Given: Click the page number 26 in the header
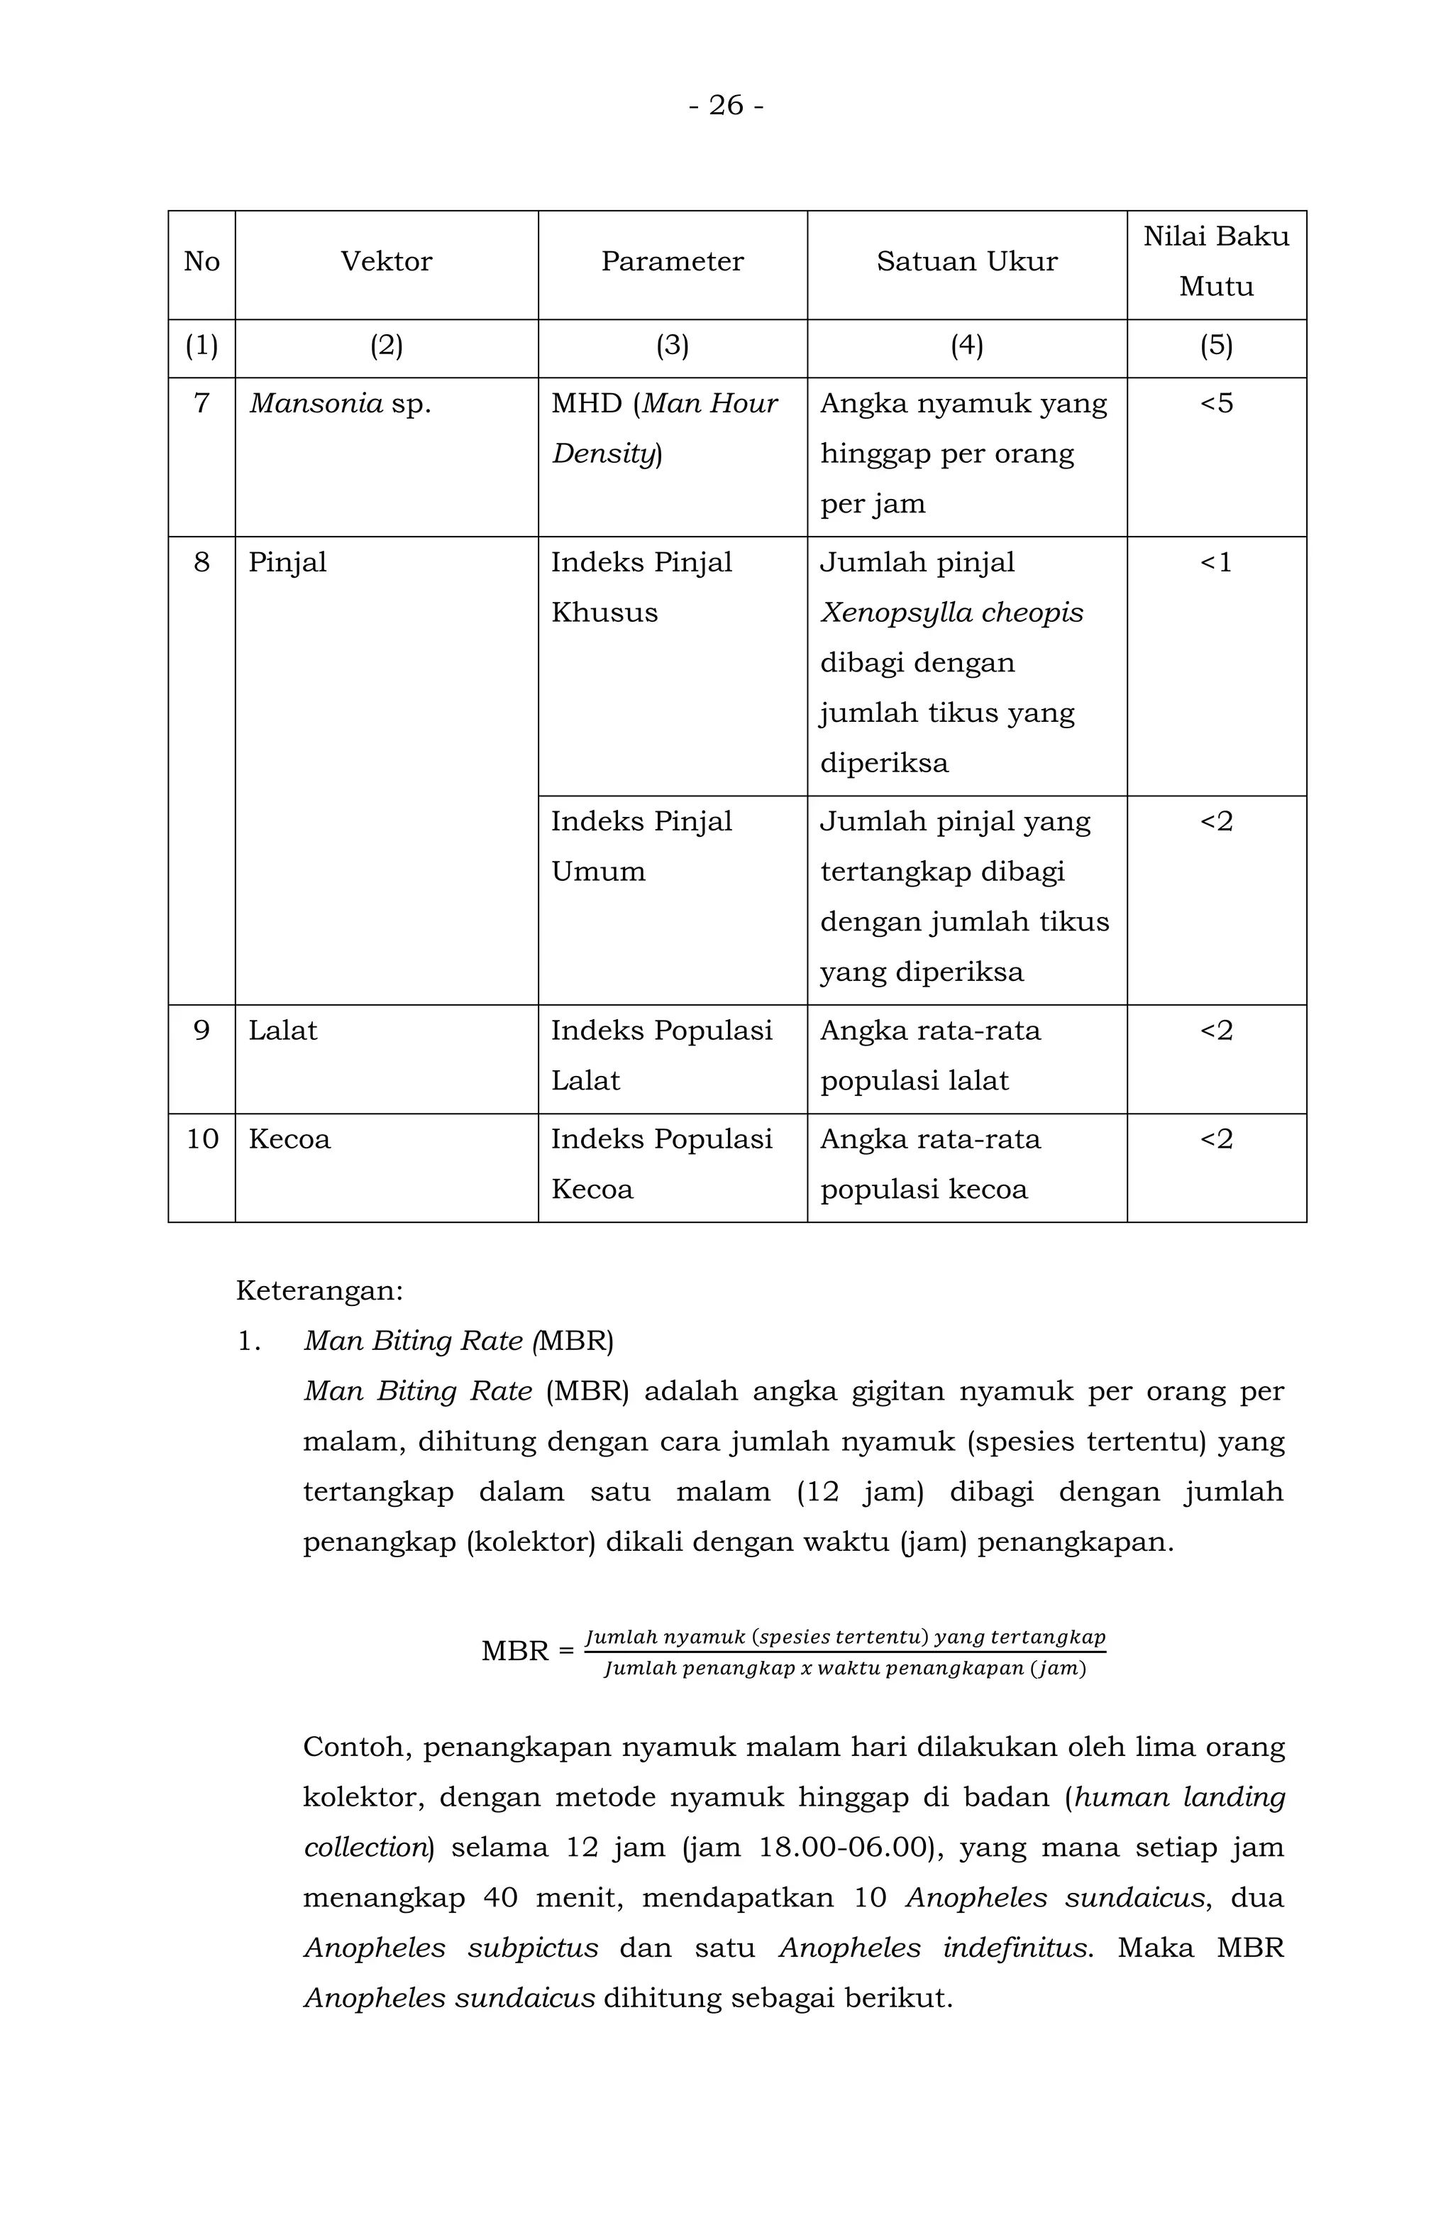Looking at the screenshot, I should (x=726, y=106).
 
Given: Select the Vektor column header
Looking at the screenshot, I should (x=386, y=261).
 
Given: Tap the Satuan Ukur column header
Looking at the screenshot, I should (x=966, y=261).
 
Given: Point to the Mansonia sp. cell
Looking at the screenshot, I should (x=340, y=403).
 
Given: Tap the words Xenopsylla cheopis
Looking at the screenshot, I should (x=951, y=613).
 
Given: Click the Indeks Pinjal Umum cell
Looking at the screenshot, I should (x=641, y=846).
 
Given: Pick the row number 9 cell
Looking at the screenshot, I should (x=201, y=1031).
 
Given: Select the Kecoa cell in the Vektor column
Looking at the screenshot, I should (x=289, y=1138).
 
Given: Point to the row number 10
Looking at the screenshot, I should (x=201, y=1138).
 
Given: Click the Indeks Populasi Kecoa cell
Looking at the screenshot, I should (x=661, y=1164).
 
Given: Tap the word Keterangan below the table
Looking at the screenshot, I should (x=319, y=1291).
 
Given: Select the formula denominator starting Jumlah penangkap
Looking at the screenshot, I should (x=844, y=1668).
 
